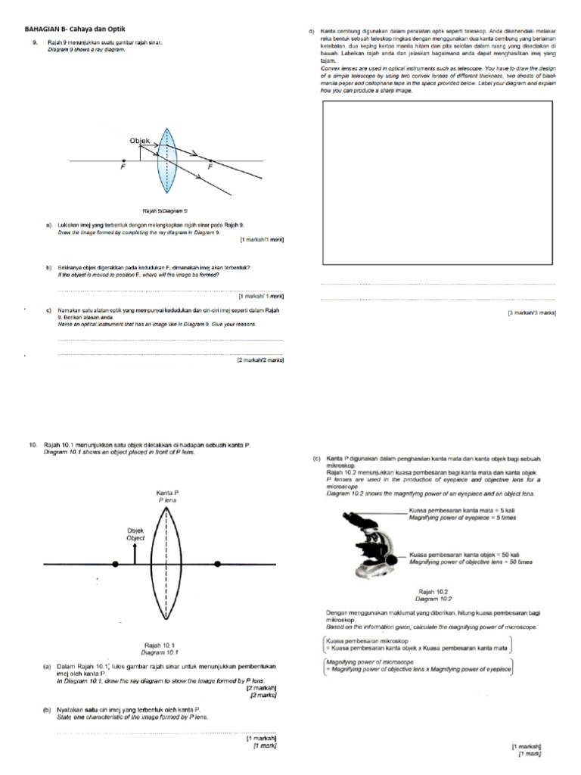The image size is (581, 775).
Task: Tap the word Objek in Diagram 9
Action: click(141, 141)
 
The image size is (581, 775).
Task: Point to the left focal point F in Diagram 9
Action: click(123, 160)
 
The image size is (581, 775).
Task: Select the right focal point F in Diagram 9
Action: click(209, 160)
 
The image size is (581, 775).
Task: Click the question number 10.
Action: click(33, 445)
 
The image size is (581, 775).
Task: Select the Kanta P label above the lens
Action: click(166, 493)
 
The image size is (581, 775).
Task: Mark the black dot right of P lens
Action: click(218, 565)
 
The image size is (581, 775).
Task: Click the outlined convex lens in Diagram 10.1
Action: click(166, 563)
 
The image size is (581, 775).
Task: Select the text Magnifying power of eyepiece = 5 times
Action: click(461, 518)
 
